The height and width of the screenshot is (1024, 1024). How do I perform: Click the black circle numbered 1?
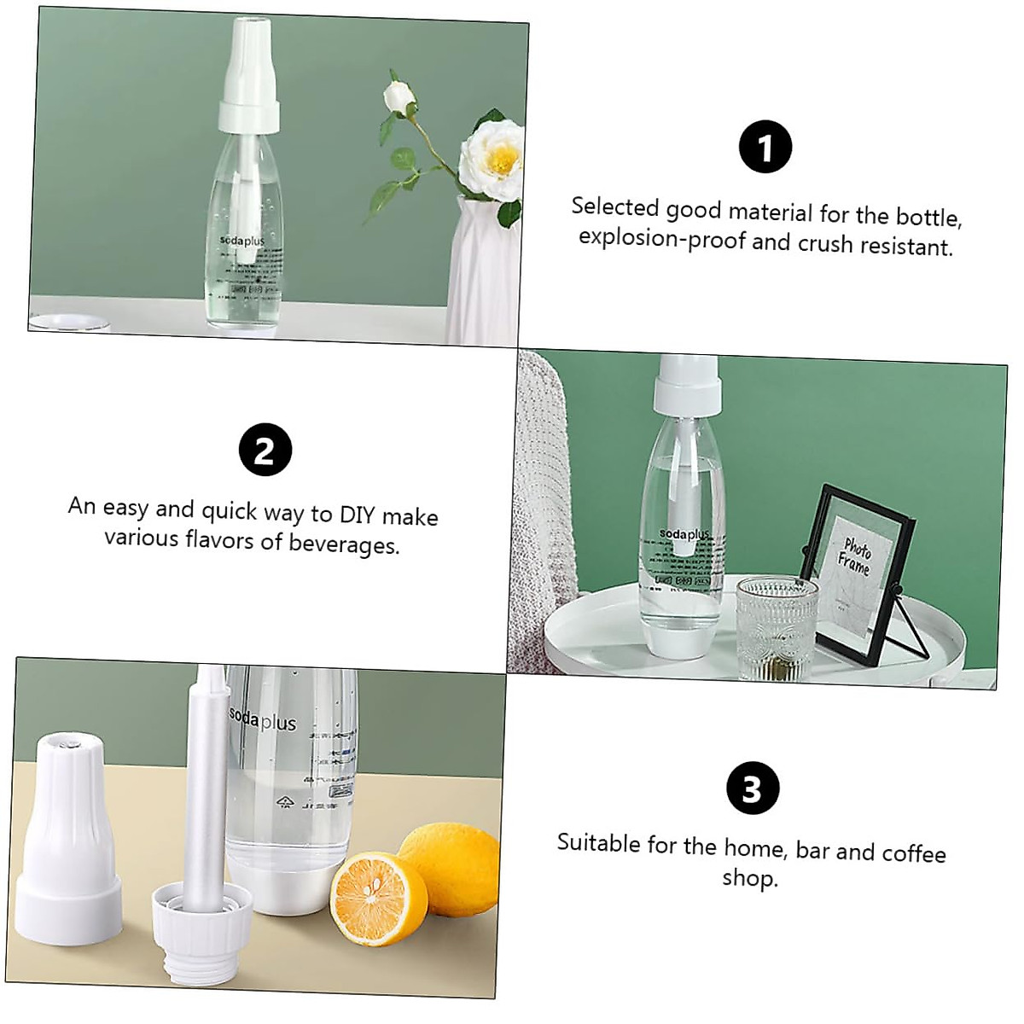(x=765, y=147)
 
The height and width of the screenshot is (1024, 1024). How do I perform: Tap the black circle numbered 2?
(x=265, y=450)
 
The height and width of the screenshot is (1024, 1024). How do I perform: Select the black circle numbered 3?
(x=752, y=788)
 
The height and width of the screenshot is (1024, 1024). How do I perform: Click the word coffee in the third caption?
(x=913, y=853)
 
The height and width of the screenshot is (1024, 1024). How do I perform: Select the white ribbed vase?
(x=480, y=273)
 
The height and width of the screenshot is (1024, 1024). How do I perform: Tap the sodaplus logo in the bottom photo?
(x=263, y=719)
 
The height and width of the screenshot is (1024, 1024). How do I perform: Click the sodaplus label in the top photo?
(x=242, y=241)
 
